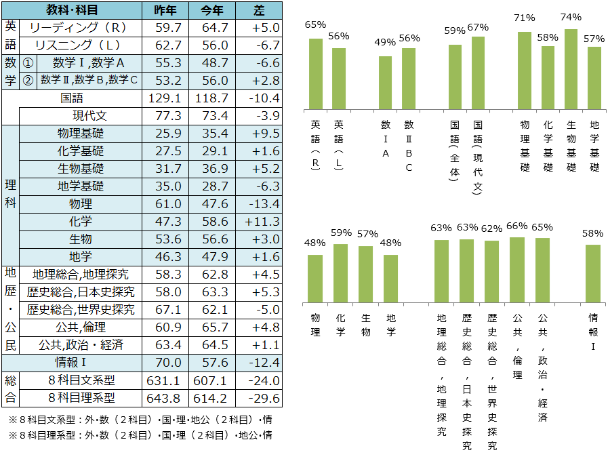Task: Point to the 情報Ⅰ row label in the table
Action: [75, 362]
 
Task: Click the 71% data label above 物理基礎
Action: [525, 18]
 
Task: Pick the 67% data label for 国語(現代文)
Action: [477, 27]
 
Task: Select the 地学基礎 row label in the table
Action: [81, 186]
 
